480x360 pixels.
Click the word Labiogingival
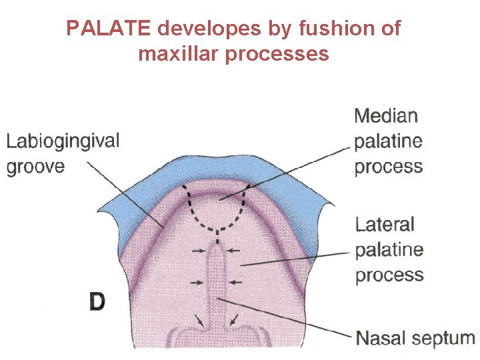(x=63, y=141)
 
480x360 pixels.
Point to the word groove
(x=36, y=166)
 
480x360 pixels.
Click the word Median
(x=386, y=116)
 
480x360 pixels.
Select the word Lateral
(x=385, y=224)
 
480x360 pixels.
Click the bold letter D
(x=97, y=302)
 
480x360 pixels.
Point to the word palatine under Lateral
(x=389, y=250)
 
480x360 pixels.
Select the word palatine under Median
(x=389, y=141)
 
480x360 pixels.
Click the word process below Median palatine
(x=389, y=166)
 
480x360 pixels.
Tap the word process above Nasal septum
(x=389, y=275)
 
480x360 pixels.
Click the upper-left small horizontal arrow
(x=198, y=251)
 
